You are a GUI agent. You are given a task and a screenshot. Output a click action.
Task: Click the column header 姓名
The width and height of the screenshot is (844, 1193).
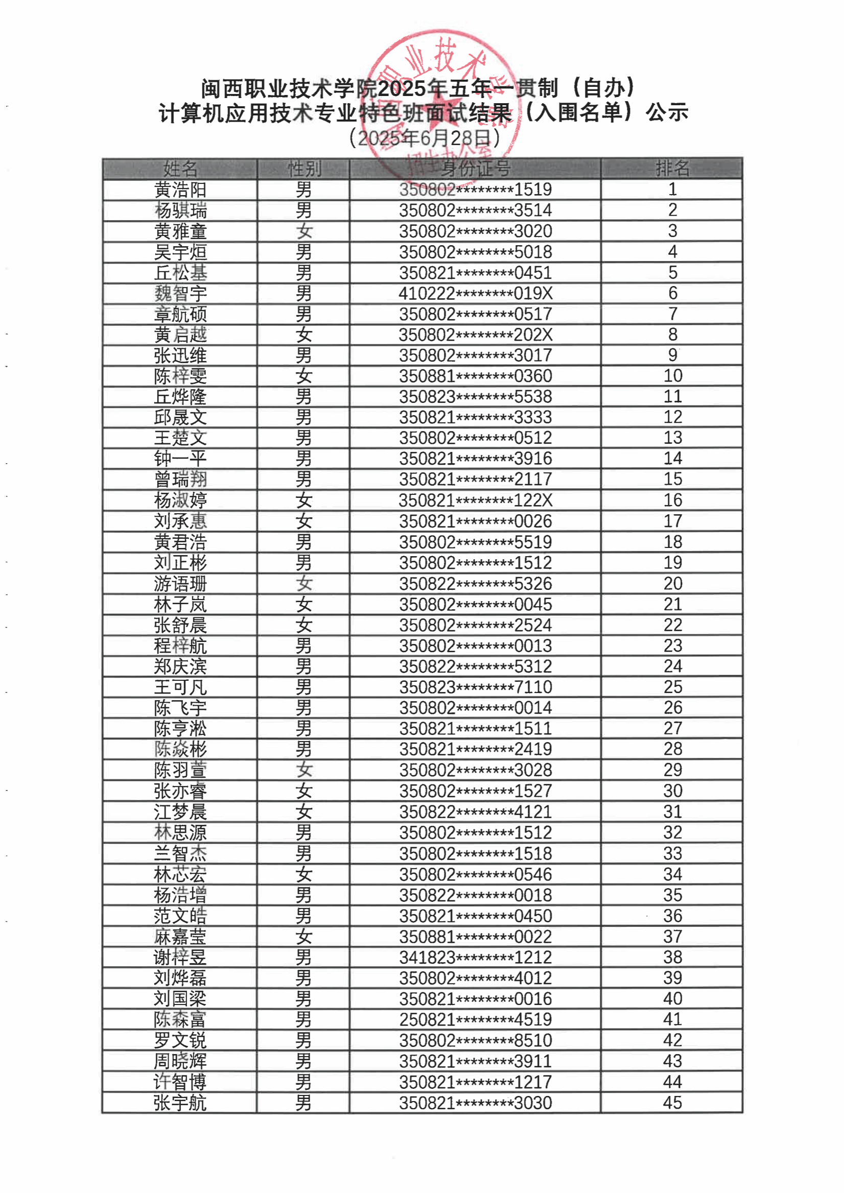(180, 169)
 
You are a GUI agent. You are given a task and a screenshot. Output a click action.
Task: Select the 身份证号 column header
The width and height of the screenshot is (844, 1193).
(475, 169)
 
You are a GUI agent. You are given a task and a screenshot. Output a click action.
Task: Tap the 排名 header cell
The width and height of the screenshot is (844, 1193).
(672, 169)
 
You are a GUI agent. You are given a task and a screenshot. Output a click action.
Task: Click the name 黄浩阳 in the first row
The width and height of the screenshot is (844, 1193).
(180, 189)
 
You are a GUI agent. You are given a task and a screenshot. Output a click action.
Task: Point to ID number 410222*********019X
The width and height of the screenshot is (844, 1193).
(475, 294)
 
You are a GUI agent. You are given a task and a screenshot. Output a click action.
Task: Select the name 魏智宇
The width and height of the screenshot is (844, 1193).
(180, 294)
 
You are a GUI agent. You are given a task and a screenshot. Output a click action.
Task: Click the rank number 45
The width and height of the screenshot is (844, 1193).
(672, 1102)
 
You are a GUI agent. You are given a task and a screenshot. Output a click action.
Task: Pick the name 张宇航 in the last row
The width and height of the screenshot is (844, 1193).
(180, 1103)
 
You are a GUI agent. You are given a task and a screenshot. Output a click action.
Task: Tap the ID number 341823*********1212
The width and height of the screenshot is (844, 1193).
(475, 957)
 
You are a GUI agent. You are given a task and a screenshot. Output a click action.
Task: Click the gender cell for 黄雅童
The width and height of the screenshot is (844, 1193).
(303, 231)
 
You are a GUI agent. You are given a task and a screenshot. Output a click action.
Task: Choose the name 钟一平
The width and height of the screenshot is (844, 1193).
(180, 458)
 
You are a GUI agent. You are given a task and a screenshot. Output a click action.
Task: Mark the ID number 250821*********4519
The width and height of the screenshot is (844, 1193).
(475, 1019)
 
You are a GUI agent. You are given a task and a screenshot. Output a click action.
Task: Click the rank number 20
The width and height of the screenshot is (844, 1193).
(672, 584)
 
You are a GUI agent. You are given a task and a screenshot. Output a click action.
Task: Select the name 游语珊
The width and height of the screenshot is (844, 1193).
(180, 584)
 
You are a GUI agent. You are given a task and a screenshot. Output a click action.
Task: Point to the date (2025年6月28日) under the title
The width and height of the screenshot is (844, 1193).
(424, 138)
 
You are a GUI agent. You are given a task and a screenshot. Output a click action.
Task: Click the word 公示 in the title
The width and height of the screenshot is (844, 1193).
(667, 112)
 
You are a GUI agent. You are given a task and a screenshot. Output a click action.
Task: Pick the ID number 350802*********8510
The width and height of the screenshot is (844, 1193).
(475, 1040)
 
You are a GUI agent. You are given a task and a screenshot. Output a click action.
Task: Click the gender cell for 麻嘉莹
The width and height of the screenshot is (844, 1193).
(303, 937)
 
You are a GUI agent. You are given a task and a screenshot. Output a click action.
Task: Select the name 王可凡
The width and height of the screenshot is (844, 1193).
(180, 687)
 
